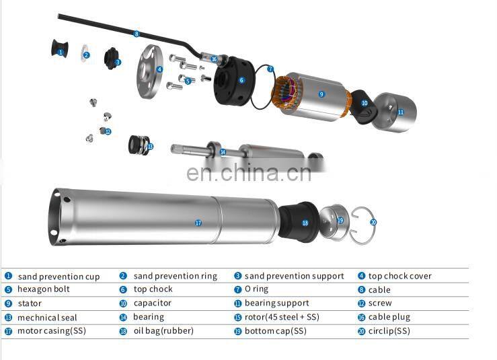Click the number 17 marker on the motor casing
click(198, 223)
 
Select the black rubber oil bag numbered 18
click(301, 222)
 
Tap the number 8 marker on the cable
click(137, 34)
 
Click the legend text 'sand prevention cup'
click(59, 277)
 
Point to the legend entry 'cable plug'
click(389, 317)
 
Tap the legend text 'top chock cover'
click(399, 276)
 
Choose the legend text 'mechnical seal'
click(47, 318)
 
